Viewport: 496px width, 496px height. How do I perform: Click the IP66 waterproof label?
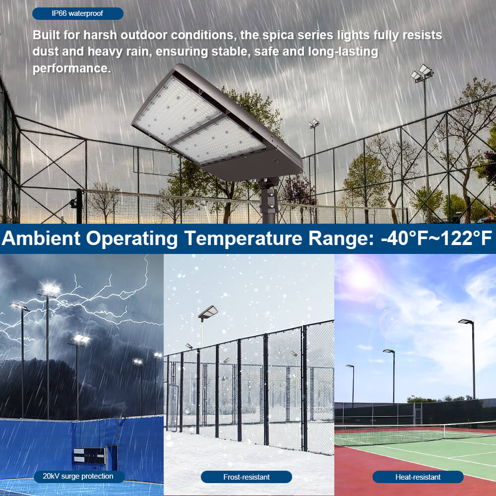point(77,13)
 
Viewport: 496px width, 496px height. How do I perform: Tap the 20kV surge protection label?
point(77,477)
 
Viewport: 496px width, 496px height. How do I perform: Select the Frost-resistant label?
point(246,477)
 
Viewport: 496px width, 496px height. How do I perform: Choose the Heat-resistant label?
point(418,477)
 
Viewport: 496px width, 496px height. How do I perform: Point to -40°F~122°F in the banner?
point(436,239)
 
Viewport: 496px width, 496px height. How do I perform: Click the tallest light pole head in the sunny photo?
point(466,322)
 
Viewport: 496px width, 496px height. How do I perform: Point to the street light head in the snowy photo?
point(208,311)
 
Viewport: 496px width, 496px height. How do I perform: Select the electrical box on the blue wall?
point(89,455)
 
